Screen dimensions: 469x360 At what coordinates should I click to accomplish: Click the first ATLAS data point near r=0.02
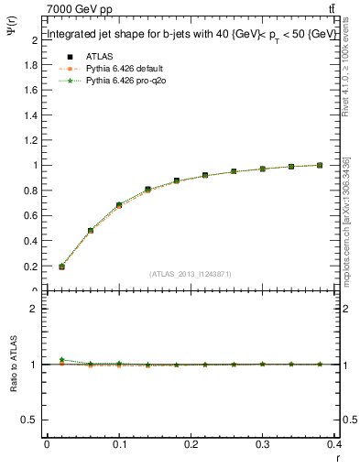pyautogui.click(x=61, y=267)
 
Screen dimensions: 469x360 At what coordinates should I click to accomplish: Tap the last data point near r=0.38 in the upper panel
pyautogui.click(x=320, y=165)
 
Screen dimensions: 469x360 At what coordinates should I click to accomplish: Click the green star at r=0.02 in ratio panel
pyautogui.click(x=61, y=360)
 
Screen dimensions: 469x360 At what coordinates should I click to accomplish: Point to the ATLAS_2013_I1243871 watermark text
pyautogui.click(x=190, y=274)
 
